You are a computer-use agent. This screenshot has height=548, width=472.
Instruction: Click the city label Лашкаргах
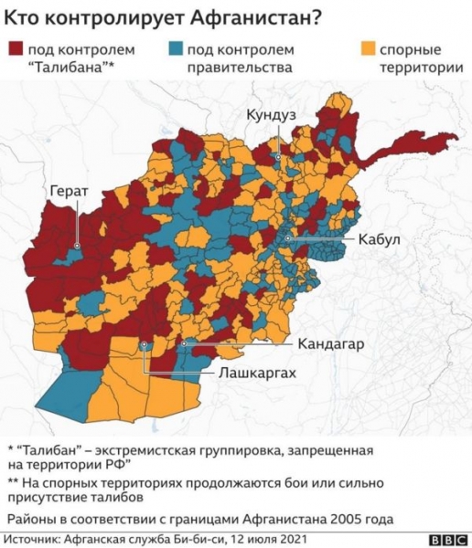(257, 374)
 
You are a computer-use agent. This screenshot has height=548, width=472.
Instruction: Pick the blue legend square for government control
(176, 48)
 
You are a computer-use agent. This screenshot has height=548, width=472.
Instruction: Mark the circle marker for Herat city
(78, 246)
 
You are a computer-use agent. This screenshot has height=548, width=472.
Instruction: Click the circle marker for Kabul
(287, 237)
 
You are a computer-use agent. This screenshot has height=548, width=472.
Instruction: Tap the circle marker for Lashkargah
(145, 344)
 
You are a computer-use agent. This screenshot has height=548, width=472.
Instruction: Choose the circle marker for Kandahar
(184, 344)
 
